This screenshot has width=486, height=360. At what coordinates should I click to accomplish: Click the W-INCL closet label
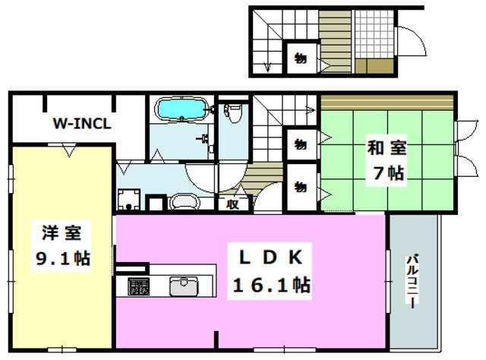pyautogui.click(x=82, y=123)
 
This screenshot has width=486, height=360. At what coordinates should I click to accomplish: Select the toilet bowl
pyautogui.click(x=235, y=115)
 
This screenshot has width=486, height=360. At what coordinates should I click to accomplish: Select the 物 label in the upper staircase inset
pyautogui.click(x=300, y=58)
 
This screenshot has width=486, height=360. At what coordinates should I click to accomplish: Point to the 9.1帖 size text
pyautogui.click(x=62, y=258)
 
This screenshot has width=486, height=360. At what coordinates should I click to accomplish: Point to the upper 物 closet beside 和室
pyautogui.click(x=301, y=143)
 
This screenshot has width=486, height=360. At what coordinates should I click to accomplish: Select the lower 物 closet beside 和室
pyautogui.click(x=301, y=185)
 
